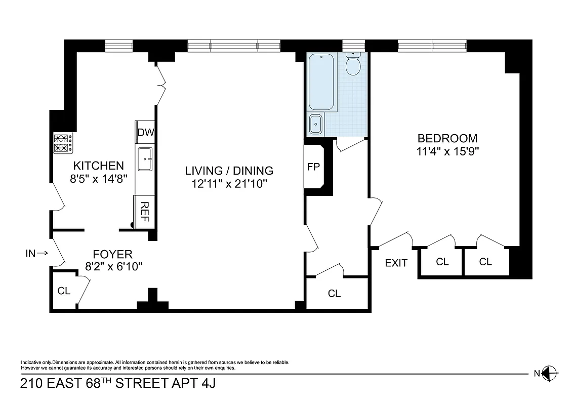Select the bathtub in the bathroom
(x=321, y=82)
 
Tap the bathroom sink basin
(x=316, y=125)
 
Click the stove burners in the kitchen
(x=63, y=143)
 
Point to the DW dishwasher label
(x=146, y=133)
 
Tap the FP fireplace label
(x=314, y=167)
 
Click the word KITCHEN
(x=99, y=166)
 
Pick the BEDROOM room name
(x=447, y=138)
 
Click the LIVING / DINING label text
(x=229, y=171)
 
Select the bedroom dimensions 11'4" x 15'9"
(x=447, y=151)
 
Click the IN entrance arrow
(x=37, y=253)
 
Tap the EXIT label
(x=396, y=263)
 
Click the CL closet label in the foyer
(x=64, y=291)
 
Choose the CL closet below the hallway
(x=334, y=293)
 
